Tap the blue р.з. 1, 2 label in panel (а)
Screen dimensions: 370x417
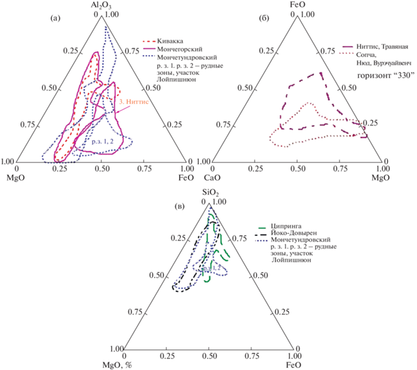click(x=103, y=140)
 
